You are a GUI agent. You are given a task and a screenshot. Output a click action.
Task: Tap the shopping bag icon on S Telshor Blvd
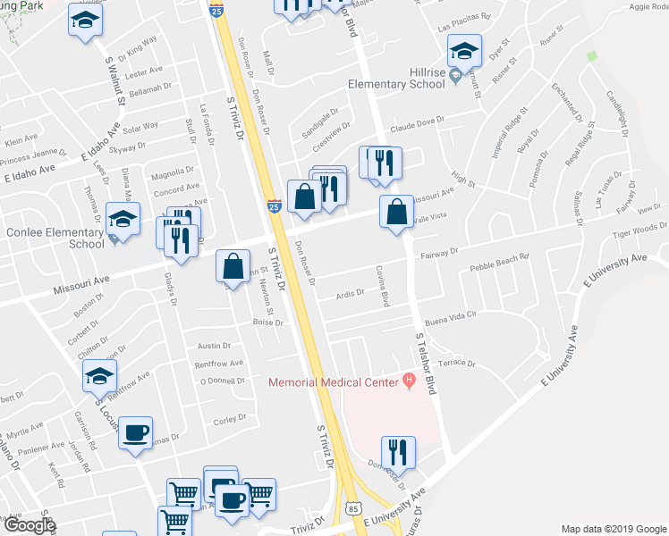click(x=395, y=213)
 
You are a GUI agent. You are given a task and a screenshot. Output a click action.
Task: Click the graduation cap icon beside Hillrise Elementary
click(x=464, y=50)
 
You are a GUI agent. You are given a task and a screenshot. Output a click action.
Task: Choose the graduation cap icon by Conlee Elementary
click(x=122, y=219)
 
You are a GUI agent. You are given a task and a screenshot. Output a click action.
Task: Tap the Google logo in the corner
click(x=30, y=525)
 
